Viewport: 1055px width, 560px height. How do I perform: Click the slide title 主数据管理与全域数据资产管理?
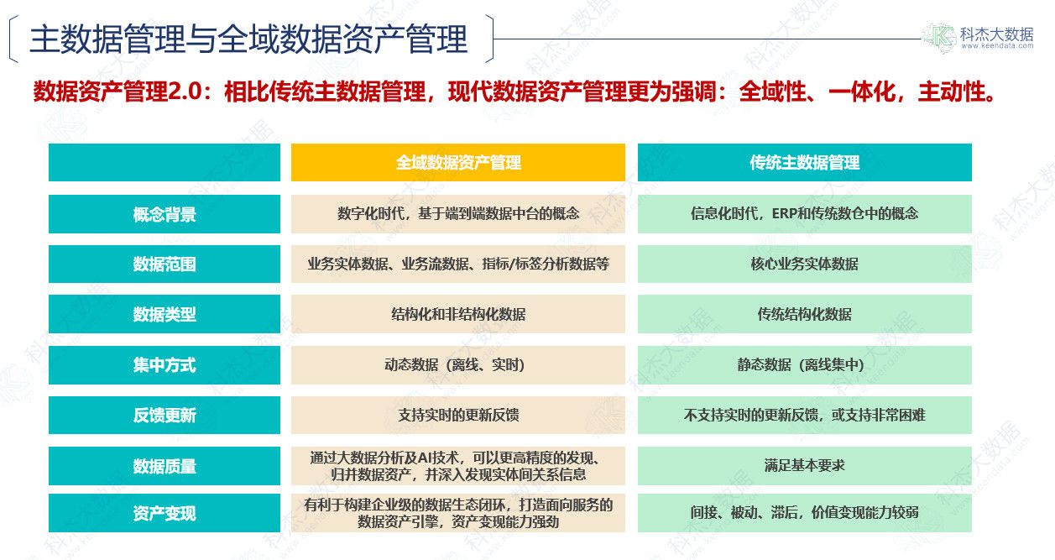pos(248,39)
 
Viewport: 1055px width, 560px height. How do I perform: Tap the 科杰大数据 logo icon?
pos(939,37)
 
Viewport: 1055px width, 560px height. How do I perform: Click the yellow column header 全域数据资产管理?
pos(457,163)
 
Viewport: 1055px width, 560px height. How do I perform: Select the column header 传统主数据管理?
pos(804,163)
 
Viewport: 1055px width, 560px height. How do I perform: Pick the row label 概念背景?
pos(165,214)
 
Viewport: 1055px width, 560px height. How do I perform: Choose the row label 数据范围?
pos(165,264)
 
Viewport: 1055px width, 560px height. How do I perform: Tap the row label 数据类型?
pos(165,314)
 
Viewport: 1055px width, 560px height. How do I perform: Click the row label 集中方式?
pos(165,365)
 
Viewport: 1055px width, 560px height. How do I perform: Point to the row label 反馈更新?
pos(165,415)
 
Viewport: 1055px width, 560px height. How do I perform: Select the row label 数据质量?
pos(165,466)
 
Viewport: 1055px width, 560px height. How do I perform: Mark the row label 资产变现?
pos(165,513)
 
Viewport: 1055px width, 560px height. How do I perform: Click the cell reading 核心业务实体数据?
pos(804,264)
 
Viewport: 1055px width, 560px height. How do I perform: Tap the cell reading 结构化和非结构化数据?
pos(457,314)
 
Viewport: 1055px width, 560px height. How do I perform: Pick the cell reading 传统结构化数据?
pos(804,314)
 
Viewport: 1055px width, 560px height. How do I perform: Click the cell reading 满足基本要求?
pos(804,466)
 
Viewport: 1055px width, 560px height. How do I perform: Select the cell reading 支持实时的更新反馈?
pos(457,415)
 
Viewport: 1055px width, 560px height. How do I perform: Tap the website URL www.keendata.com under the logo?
pos(998,46)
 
